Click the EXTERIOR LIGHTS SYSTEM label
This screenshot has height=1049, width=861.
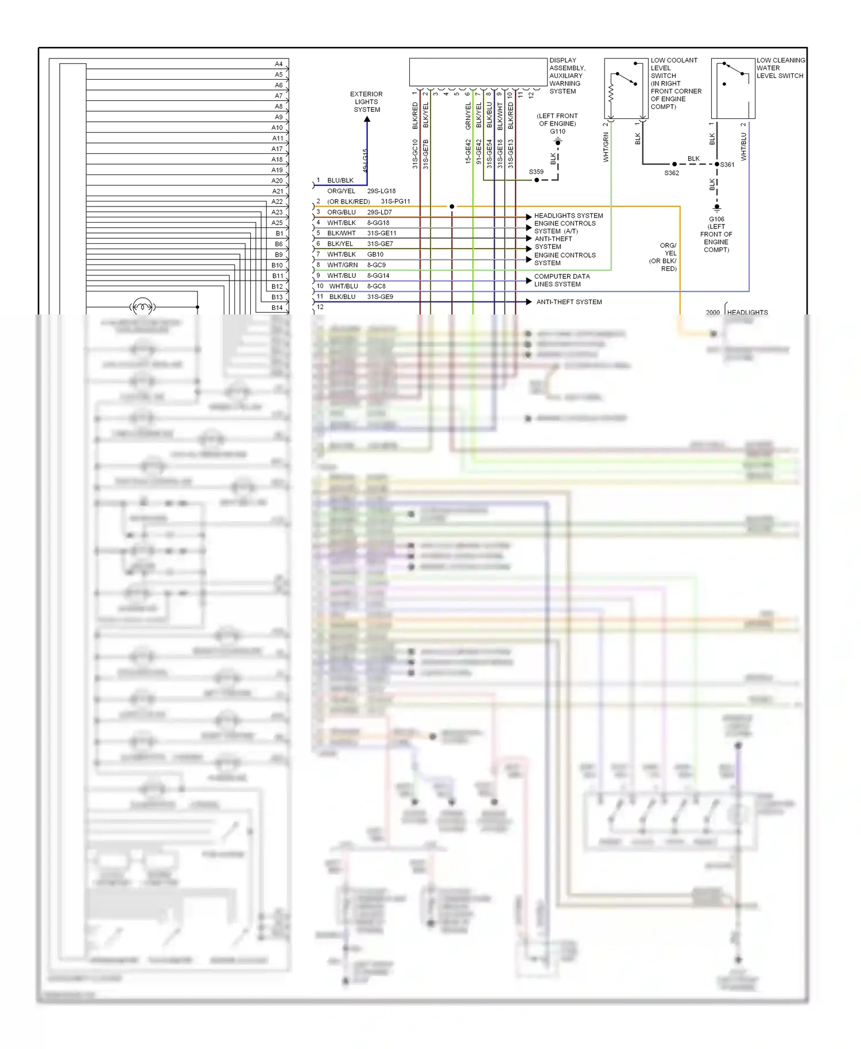tap(366, 102)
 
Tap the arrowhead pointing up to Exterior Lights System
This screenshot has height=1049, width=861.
tap(367, 119)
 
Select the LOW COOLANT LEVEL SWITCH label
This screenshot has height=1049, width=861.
tap(675, 83)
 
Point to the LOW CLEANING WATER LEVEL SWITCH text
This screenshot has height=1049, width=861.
tap(781, 68)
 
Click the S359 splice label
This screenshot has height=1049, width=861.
tap(536, 172)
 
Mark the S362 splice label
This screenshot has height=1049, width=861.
tap(672, 173)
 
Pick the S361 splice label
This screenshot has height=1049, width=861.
tap(727, 165)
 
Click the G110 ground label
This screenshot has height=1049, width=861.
tap(557, 131)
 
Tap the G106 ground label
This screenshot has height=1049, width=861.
tap(716, 219)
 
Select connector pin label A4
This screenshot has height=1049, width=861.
tap(278, 64)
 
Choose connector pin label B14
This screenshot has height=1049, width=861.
tap(277, 308)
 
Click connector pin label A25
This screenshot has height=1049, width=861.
tap(277, 223)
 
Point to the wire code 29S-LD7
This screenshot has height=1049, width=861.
tap(379, 212)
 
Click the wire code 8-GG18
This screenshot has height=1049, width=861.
tap(378, 223)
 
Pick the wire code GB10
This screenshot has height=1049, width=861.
tap(375, 254)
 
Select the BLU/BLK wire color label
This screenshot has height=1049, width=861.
tap(340, 180)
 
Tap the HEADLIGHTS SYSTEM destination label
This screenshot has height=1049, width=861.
tap(568, 216)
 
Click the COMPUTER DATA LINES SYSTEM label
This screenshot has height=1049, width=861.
tap(561, 280)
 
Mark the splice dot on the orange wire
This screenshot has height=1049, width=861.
tap(452, 207)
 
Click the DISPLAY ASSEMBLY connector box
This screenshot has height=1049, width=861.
tap(478, 72)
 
